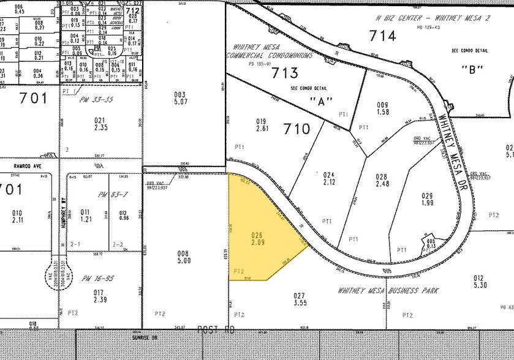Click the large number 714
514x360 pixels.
click(x=383, y=36)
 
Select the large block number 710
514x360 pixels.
click(x=297, y=129)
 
